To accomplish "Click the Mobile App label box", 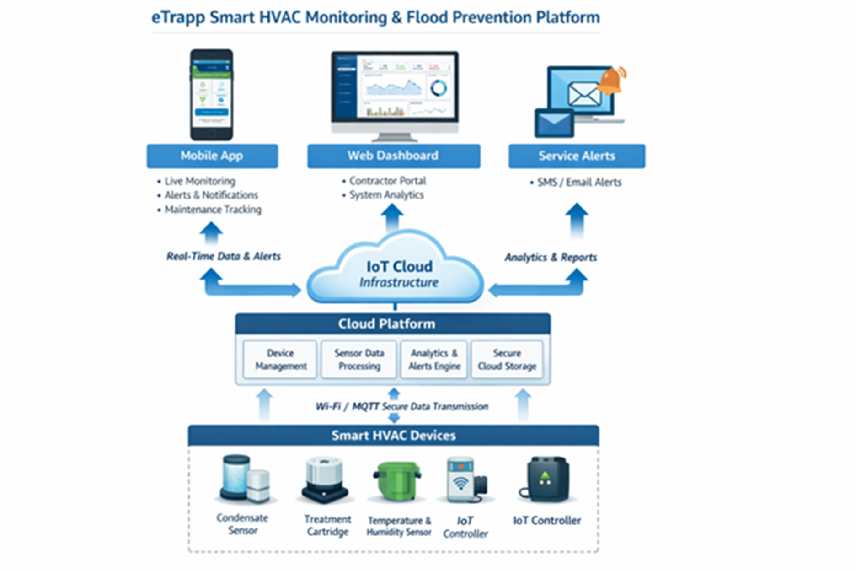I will point(212,156).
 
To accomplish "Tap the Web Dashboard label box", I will point(393,156).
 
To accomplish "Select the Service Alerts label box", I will point(577,156).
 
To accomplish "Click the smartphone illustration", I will point(212,94).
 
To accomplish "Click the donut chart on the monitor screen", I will point(439,88).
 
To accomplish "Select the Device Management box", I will point(280,360).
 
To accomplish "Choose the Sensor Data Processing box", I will point(359,360).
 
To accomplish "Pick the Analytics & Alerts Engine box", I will point(434,360).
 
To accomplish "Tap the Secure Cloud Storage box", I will point(507,360).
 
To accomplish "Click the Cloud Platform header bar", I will point(392,324).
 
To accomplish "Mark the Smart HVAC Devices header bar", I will point(393,435).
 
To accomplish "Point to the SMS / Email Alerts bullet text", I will point(579,183).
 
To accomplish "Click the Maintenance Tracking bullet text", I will point(213,210).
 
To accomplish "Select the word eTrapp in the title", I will point(178,17).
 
